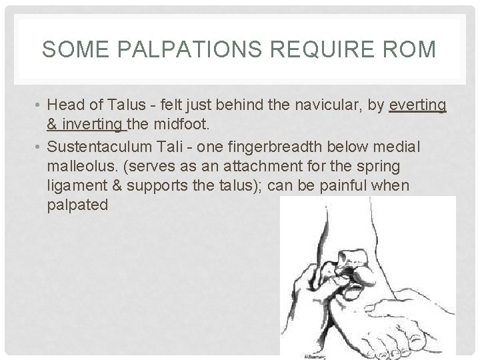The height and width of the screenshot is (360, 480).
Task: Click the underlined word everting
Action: (x=418, y=105)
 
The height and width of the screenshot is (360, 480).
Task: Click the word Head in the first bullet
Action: (x=65, y=105)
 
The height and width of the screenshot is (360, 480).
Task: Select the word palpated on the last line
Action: (x=77, y=204)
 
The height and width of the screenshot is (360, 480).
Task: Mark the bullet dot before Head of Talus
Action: (x=40, y=105)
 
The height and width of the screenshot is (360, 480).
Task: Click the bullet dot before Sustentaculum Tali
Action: (x=40, y=147)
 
